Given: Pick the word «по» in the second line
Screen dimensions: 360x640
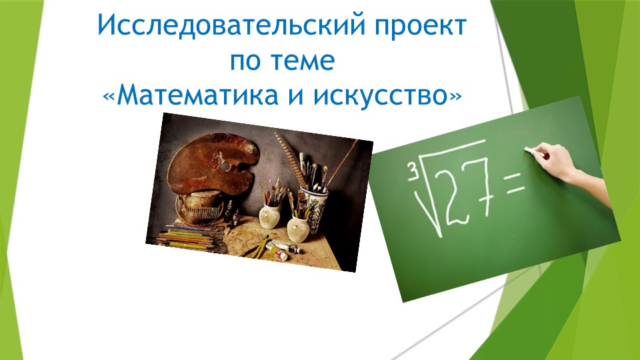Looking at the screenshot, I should point(246,61).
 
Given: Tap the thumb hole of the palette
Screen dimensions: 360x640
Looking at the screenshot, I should point(225,165).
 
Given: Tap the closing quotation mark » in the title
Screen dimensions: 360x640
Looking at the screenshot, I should point(455,97).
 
